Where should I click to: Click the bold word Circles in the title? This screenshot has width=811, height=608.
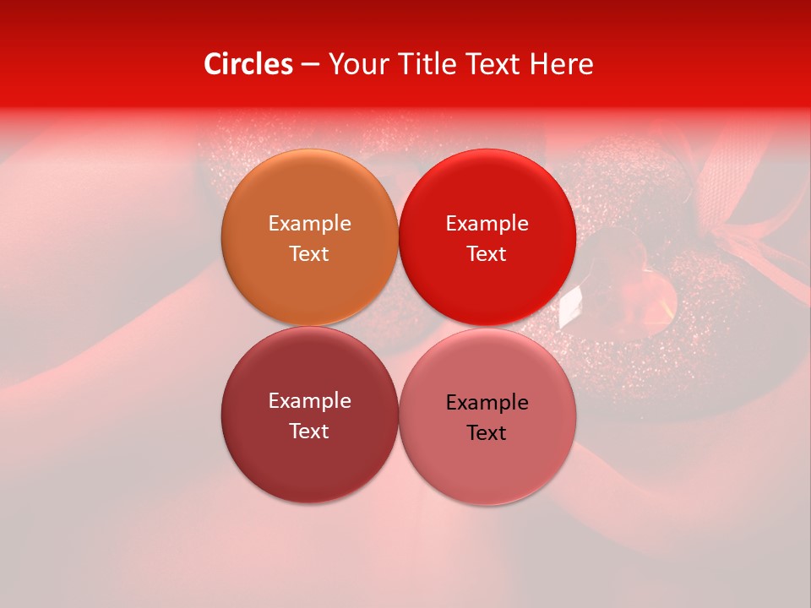(x=248, y=64)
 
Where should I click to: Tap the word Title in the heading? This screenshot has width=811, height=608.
(x=426, y=64)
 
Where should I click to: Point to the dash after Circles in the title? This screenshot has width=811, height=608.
(x=309, y=65)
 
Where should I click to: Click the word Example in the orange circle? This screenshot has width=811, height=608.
(x=309, y=224)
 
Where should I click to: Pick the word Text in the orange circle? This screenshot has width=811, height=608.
(x=309, y=254)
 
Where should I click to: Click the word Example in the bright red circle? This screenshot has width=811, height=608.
(x=487, y=224)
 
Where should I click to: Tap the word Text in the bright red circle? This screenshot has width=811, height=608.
(x=487, y=254)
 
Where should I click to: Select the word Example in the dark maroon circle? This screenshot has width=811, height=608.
(x=309, y=401)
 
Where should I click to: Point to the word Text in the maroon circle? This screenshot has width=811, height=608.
(x=309, y=432)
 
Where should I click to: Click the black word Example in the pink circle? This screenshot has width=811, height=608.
(x=487, y=403)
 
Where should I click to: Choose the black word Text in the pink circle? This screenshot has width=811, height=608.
(x=487, y=433)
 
